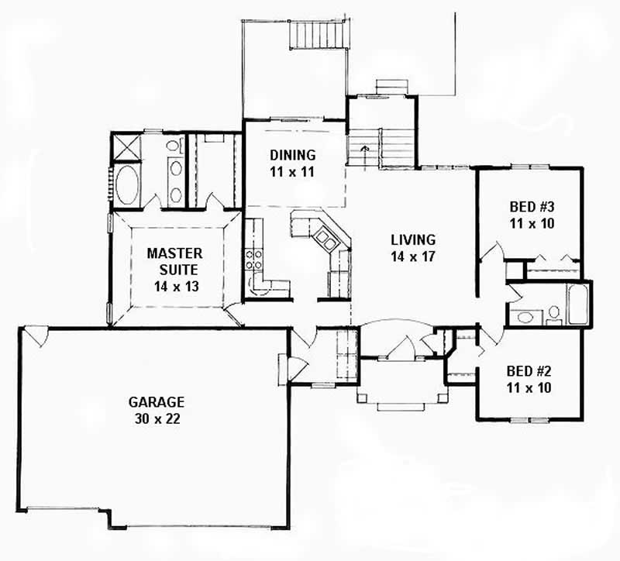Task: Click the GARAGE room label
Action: (157, 402)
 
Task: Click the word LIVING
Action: (412, 239)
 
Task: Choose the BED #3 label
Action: (530, 207)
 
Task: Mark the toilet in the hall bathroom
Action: (554, 314)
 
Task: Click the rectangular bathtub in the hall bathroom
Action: (578, 305)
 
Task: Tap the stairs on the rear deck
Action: (315, 34)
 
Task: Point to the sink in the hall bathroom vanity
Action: (524, 316)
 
